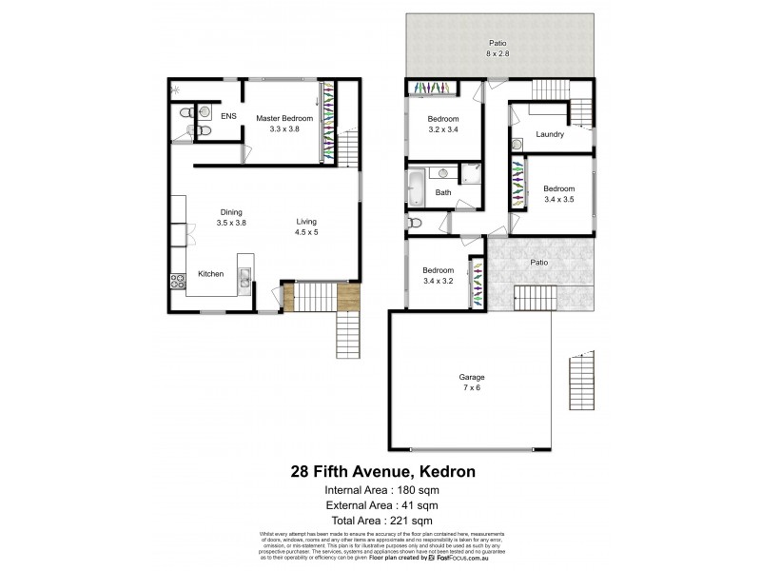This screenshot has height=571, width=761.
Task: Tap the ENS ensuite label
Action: click(228, 116)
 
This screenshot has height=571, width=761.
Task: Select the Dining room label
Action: click(232, 217)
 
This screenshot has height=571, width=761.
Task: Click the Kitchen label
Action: click(210, 273)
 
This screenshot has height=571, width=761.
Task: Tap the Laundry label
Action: click(550, 134)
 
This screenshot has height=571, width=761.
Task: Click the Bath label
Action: click(443, 193)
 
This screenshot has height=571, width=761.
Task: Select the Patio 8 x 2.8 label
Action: click(498, 49)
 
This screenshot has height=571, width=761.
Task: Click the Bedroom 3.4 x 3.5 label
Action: click(558, 194)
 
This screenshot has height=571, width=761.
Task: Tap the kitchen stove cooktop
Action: click(177, 281)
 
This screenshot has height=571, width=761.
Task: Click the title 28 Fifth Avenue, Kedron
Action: click(380, 471)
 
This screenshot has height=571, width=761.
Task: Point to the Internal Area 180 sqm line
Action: click(380, 489)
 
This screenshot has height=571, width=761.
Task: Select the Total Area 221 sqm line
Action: click(380, 520)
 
